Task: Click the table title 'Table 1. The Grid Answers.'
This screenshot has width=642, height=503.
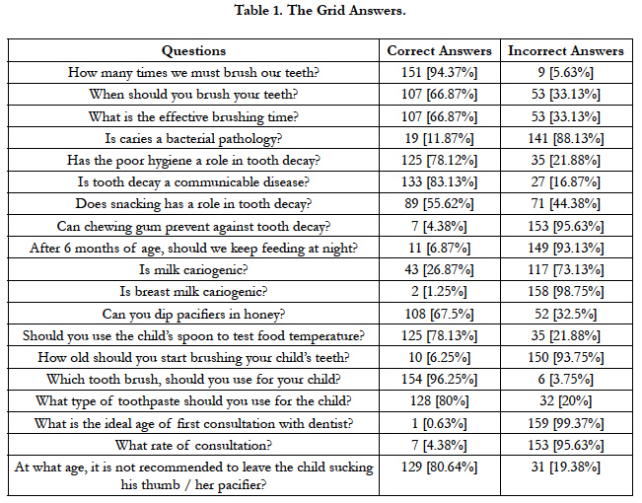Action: (320, 10)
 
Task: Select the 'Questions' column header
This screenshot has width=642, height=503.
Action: (193, 50)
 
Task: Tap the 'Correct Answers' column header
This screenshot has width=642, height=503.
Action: (439, 50)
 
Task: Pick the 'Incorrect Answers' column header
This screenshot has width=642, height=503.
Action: (566, 50)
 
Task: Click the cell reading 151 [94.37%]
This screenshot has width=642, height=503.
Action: (439, 73)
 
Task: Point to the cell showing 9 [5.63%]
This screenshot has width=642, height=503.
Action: (566, 73)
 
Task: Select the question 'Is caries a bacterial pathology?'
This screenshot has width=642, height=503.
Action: (193, 138)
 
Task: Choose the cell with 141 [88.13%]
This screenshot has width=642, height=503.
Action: (566, 138)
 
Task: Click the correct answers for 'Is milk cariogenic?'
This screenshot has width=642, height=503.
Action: (439, 269)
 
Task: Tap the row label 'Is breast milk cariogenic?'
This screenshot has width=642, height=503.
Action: (193, 292)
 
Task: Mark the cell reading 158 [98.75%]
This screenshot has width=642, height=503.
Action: (566, 292)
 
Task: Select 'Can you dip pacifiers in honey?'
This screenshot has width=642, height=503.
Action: (193, 315)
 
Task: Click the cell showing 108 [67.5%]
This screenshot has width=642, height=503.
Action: (439, 315)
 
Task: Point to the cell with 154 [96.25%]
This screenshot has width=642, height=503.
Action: (439, 380)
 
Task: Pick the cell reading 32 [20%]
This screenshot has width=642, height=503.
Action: (566, 400)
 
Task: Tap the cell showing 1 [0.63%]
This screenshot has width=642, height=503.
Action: (439, 423)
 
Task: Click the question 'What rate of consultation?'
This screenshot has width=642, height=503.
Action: (193, 445)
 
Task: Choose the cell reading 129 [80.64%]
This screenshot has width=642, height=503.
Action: (439, 467)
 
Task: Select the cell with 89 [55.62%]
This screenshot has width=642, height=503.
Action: (439, 203)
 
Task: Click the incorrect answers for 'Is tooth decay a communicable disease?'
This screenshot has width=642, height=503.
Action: (566, 181)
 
